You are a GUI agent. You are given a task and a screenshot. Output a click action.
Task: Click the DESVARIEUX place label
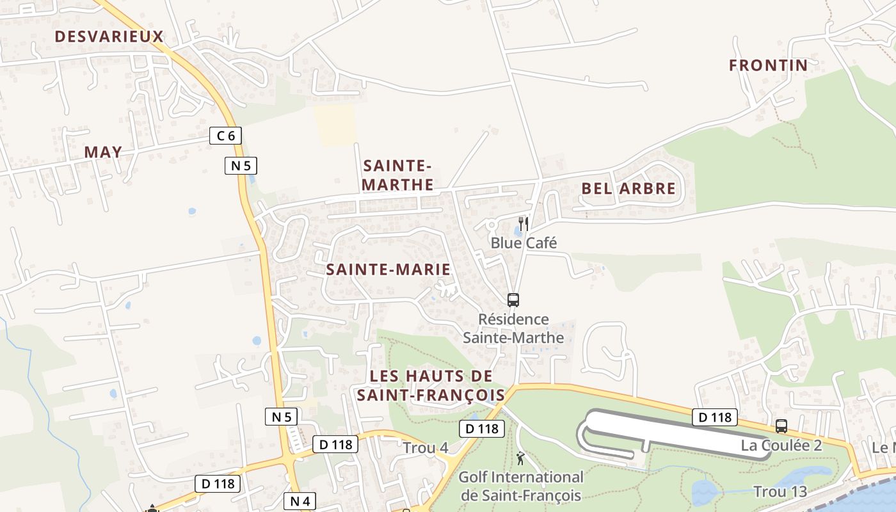pyautogui.click(x=109, y=36)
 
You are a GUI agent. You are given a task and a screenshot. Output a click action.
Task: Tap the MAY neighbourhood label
pyautogui.click(x=103, y=152)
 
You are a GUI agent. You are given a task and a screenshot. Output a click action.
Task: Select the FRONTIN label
pyautogui.click(x=768, y=65)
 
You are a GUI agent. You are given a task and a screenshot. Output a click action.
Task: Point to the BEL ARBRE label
pyautogui.click(x=628, y=188)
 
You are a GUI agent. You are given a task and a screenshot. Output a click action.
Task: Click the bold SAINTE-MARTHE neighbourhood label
pyautogui.click(x=397, y=175)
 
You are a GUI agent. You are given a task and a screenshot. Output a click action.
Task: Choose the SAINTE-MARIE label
pyautogui.click(x=388, y=269)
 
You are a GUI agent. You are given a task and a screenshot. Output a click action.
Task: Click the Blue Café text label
pyautogui.click(x=524, y=243)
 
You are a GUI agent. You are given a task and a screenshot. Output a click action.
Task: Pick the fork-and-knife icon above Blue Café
pyautogui.click(x=524, y=223)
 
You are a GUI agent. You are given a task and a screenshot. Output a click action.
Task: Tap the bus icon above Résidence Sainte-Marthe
pyautogui.click(x=513, y=300)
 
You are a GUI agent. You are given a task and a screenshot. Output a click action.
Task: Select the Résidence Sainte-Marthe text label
pyautogui.click(x=513, y=328)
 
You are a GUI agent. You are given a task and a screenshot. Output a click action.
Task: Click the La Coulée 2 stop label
pyautogui.click(x=781, y=445)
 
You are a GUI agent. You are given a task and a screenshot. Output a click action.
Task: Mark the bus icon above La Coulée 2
pyautogui.click(x=781, y=426)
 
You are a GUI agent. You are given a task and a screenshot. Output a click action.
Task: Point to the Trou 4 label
pyautogui.click(x=425, y=448)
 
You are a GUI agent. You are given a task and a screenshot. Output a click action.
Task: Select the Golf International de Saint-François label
pyautogui.click(x=521, y=486)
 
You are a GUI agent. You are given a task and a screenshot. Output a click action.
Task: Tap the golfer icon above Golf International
pyautogui.click(x=521, y=458)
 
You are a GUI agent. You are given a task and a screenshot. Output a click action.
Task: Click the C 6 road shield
pyautogui.click(x=225, y=135)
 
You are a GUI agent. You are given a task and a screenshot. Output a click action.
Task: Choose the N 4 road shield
pyautogui.click(x=300, y=501)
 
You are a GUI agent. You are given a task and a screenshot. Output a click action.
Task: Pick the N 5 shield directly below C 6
pyautogui.click(x=241, y=166)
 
